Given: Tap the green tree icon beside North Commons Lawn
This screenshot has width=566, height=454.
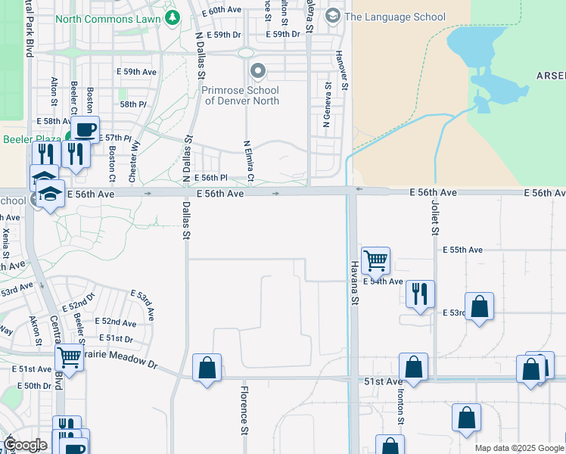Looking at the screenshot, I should pos(173,16).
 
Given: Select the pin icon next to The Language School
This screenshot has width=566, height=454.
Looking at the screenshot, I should pos(332,16).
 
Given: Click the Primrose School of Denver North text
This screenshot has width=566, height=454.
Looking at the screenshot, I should pos(240,95).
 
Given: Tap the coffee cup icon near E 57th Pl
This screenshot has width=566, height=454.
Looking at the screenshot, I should pos(86,129).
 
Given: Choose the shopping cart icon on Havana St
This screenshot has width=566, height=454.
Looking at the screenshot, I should pos(375,261).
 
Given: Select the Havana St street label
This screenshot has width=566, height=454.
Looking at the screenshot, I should pos(353,284).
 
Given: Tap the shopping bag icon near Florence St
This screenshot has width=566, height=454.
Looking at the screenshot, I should pos(207,368).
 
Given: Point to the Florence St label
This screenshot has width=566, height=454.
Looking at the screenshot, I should pos(244,411).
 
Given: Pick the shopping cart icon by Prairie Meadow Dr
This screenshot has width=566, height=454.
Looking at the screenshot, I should pos(69,356).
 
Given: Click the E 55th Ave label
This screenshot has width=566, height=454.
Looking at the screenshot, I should pos(462,250).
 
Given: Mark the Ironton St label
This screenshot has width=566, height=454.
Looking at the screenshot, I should pos(400,412).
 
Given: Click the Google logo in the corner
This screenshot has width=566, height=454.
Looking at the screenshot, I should pos(26,445).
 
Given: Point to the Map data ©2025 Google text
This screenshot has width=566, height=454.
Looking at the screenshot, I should pos(518,448).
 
